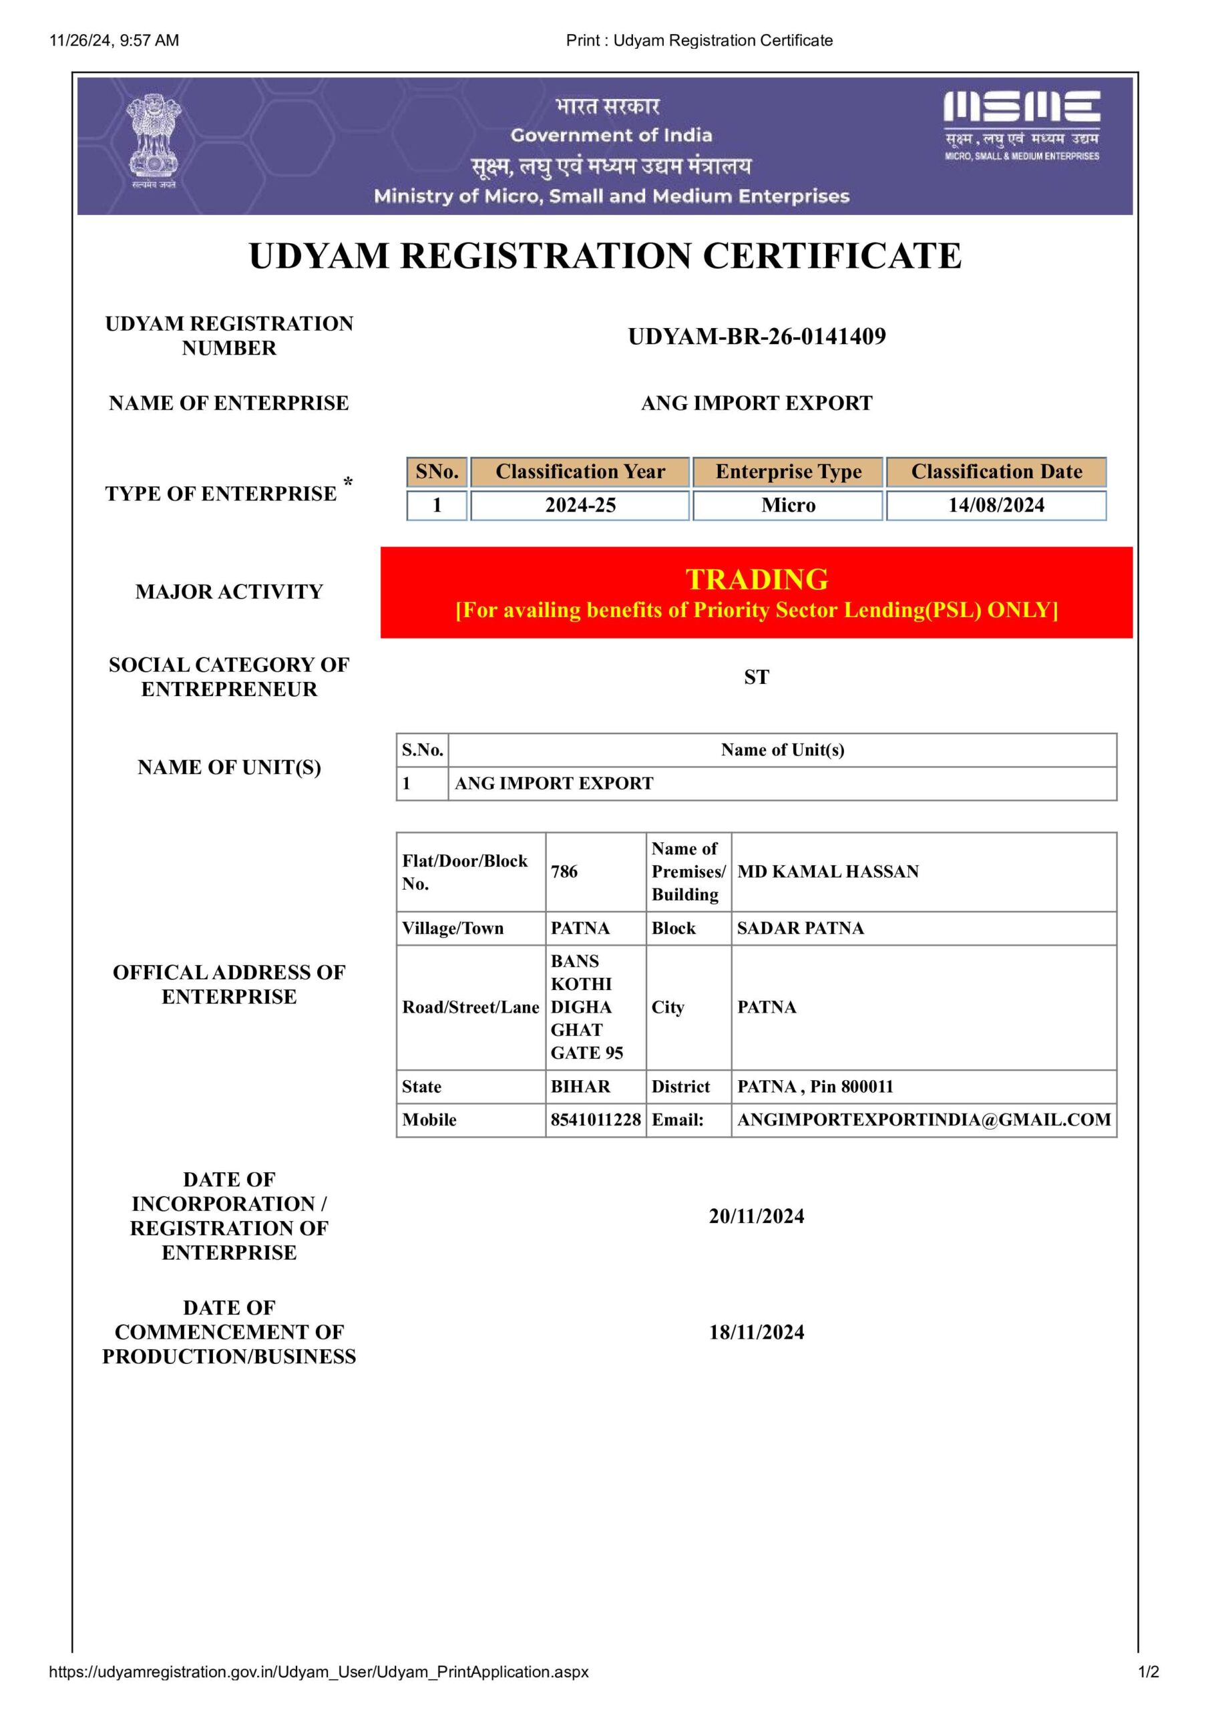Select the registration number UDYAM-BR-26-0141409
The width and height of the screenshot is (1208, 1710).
pos(757,337)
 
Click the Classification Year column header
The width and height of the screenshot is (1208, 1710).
pos(580,472)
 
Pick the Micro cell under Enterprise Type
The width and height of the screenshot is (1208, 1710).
pos(788,505)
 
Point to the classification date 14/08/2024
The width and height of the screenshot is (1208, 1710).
pos(996,505)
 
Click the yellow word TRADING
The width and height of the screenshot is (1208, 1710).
pos(757,578)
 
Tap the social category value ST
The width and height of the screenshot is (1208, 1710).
pos(757,677)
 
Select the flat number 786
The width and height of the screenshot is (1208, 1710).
pos(564,872)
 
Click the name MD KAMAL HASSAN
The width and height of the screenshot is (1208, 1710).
pos(827,872)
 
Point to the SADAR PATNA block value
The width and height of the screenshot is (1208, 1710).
pos(801,928)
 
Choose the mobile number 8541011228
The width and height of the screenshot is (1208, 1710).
pos(596,1120)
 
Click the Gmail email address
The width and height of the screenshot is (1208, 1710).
pos(924,1120)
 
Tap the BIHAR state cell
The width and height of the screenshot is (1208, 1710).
pos(580,1087)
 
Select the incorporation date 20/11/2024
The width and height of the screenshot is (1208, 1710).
pos(757,1216)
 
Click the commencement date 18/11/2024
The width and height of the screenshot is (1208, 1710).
pos(757,1333)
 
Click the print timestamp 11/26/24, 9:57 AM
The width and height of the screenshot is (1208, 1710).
pos(114,40)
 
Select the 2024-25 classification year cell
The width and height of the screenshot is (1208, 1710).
pos(580,505)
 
